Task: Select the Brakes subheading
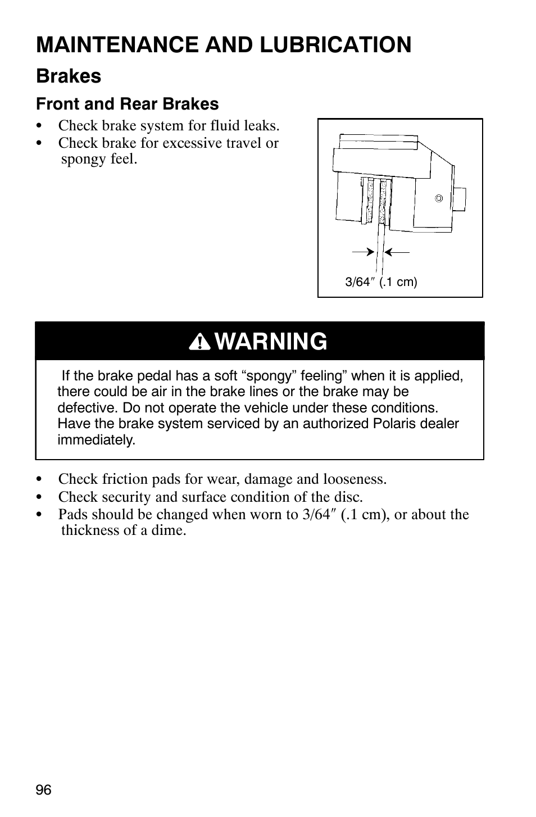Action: click(69, 76)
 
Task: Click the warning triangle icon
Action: click(199, 342)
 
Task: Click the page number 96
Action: click(44, 791)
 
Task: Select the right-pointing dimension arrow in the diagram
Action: click(363, 252)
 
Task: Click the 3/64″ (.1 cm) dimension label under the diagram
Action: click(381, 282)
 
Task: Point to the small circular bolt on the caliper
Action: click(439, 198)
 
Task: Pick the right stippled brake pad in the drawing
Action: click(383, 202)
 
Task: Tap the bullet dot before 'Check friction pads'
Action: click(39, 479)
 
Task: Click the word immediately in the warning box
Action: click(96, 440)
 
